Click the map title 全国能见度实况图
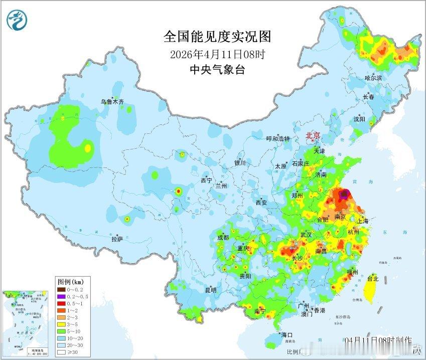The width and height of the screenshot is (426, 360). (217, 37)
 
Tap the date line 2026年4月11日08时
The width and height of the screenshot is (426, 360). (217, 54)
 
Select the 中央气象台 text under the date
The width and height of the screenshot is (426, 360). (217, 70)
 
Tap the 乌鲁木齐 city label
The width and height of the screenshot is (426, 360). (112, 102)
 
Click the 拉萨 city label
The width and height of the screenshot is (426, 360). (117, 239)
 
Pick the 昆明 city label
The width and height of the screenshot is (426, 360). (210, 290)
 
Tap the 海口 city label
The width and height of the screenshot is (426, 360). (287, 335)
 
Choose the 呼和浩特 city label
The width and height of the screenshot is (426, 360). (278, 139)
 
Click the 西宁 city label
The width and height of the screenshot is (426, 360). (206, 180)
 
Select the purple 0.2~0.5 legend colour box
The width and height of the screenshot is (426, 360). (61, 296)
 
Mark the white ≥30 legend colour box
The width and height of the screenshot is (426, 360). (61, 352)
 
